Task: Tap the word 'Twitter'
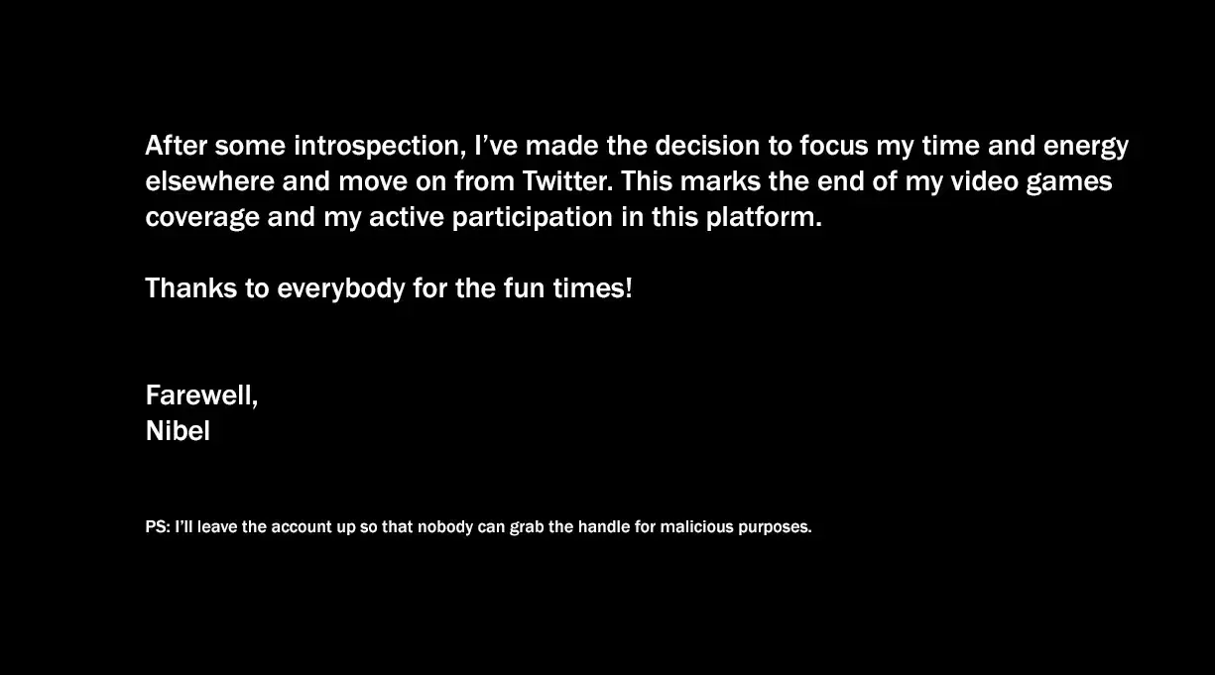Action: pos(566,181)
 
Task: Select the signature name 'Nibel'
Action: pos(178,431)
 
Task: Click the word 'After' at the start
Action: pos(177,146)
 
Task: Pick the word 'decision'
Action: pos(707,146)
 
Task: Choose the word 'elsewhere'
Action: pos(210,181)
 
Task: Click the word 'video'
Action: pos(985,181)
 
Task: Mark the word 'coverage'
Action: pos(202,218)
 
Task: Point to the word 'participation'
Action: pos(533,218)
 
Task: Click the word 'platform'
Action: pos(764,217)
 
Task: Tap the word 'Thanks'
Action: pos(191,287)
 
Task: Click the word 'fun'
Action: pos(524,287)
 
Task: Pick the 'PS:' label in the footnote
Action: pos(158,527)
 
